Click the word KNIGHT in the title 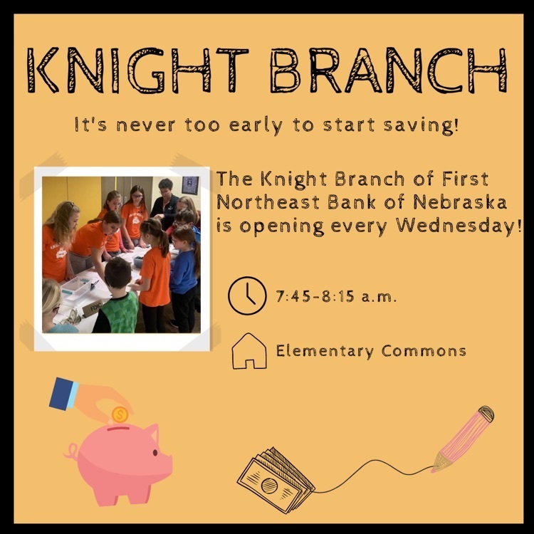point(137,70)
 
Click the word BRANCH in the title point(389,70)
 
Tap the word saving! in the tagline point(422,125)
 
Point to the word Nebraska point(460,202)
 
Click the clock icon point(247,295)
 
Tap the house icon point(249,351)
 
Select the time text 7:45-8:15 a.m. point(337,296)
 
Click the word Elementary point(325,352)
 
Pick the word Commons point(424,351)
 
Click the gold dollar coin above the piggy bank point(120,415)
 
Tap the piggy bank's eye point(155,453)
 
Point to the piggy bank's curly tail point(71,451)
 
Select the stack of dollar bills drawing point(276,481)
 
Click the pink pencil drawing point(464,439)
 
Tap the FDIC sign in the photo point(93,308)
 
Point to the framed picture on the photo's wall point(190,185)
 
